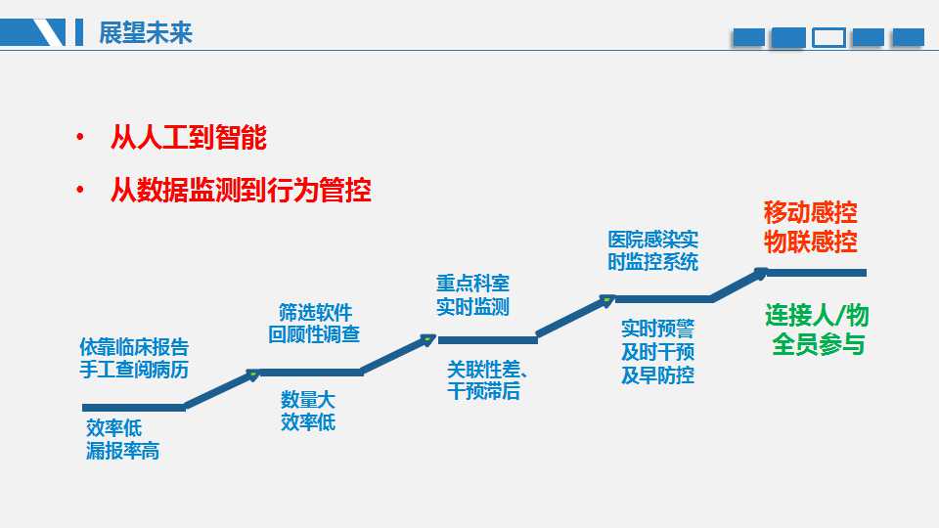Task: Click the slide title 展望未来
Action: click(146, 33)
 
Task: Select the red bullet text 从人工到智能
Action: click(189, 137)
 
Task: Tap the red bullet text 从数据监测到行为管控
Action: click(241, 190)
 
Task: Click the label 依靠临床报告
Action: click(134, 347)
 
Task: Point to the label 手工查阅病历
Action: click(134, 370)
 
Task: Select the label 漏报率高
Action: click(123, 451)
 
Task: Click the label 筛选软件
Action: click(315, 313)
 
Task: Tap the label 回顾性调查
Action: click(314, 334)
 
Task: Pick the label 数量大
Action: click(308, 400)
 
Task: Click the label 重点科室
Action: click(472, 284)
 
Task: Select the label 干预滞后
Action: click(483, 391)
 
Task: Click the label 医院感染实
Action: click(652, 241)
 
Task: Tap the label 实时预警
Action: click(657, 329)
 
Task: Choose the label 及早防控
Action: click(657, 375)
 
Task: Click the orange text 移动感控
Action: click(810, 212)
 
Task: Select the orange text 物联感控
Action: click(810, 242)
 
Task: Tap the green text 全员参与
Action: click(818, 344)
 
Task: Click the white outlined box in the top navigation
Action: click(828, 38)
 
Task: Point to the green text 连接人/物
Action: click(817, 315)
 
